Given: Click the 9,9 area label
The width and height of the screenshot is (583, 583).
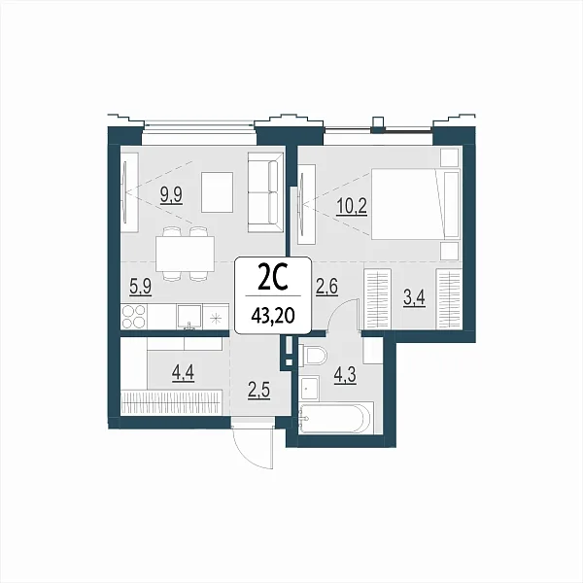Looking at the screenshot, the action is pyautogui.click(x=171, y=195).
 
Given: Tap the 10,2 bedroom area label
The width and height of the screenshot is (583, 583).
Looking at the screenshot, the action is pyautogui.click(x=352, y=206).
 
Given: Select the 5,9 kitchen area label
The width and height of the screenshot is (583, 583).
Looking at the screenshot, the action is pyautogui.click(x=141, y=287).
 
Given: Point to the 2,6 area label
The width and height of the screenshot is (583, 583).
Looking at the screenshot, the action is pyautogui.click(x=326, y=287).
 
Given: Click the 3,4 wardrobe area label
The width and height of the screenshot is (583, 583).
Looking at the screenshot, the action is pyautogui.click(x=414, y=298).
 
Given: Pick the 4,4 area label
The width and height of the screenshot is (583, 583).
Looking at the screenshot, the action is pyautogui.click(x=183, y=372).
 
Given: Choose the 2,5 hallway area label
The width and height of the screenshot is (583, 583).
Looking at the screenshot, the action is pyautogui.click(x=258, y=391).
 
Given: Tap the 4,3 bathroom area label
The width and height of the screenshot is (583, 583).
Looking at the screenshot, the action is pyautogui.click(x=345, y=375).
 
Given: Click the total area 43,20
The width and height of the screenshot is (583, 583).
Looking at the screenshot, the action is pyautogui.click(x=273, y=316).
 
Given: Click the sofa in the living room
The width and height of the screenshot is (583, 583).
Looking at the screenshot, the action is pyautogui.click(x=265, y=192).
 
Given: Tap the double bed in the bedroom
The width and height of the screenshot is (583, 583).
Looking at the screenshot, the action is pyautogui.click(x=416, y=204).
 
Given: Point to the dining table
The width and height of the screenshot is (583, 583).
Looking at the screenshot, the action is pyautogui.click(x=185, y=254).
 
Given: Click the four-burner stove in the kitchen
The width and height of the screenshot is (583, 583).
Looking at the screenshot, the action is pyautogui.click(x=134, y=317).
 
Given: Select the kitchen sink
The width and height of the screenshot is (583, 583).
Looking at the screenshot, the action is pyautogui.click(x=189, y=317).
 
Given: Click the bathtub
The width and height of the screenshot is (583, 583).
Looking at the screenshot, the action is pyautogui.click(x=336, y=418).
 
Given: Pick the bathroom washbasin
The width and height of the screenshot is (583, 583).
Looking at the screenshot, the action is pyautogui.click(x=309, y=388).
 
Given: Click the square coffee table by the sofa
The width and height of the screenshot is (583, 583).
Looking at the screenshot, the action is pyautogui.click(x=217, y=192).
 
